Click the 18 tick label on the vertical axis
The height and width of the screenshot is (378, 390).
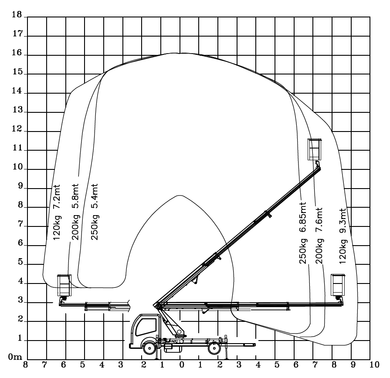click(17, 14)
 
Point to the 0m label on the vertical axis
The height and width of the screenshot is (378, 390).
click(15, 357)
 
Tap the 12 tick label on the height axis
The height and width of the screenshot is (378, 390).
click(17, 129)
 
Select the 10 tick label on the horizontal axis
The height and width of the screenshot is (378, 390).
click(374, 364)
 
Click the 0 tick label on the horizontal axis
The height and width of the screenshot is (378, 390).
click(182, 364)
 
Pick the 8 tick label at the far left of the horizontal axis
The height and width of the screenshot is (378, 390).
click(25, 364)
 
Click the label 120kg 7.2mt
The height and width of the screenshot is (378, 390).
click(57, 212)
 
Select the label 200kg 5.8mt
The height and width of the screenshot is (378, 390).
click(75, 212)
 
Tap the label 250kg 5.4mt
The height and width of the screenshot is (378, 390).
click(95, 212)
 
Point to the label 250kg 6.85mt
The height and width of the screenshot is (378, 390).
click(303, 233)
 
